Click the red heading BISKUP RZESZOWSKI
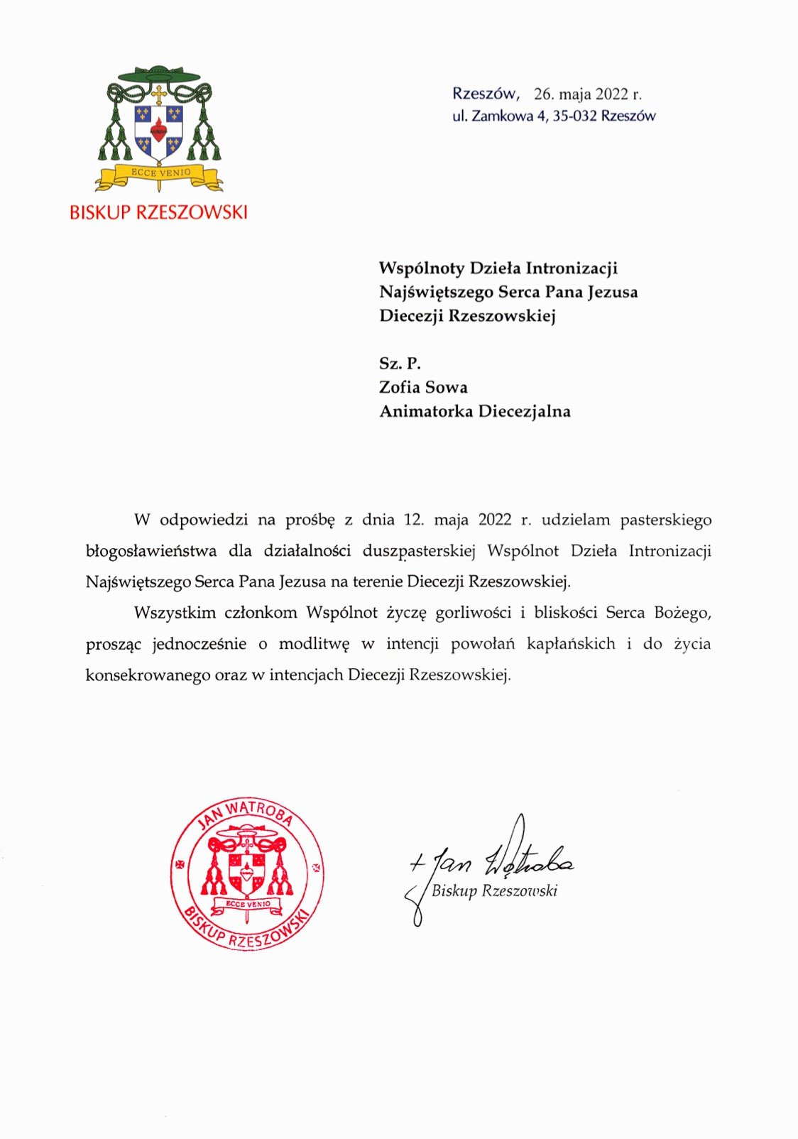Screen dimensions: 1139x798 pos(158,212)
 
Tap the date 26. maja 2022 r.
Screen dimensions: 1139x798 pos(587,94)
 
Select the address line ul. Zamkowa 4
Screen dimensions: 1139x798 pos(498,116)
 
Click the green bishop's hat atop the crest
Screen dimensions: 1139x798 pos(158,74)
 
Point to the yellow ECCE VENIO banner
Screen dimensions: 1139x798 pos(160,173)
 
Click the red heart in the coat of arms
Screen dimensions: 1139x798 pos(158,129)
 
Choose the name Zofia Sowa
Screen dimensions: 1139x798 pos(423,388)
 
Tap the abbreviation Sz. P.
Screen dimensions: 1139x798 pos(400,364)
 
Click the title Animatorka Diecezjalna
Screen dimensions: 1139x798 pos(474,412)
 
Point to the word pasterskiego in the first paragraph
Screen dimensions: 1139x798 pos(665,520)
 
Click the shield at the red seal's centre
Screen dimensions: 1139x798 pos(246,867)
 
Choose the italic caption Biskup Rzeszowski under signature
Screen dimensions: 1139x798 pos(494,891)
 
